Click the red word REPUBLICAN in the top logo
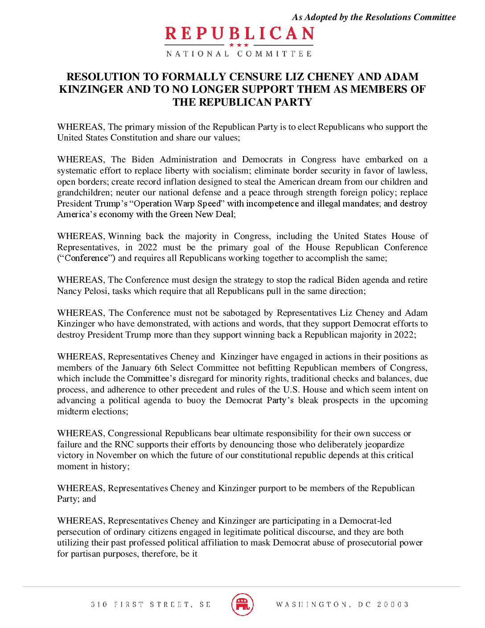click(x=239, y=34)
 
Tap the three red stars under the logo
click(x=239, y=45)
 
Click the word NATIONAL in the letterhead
click(x=197, y=54)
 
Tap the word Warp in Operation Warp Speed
click(x=186, y=203)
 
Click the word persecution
click(x=78, y=532)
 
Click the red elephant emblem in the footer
click(x=242, y=604)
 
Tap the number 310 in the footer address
click(x=99, y=605)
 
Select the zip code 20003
click(x=393, y=605)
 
